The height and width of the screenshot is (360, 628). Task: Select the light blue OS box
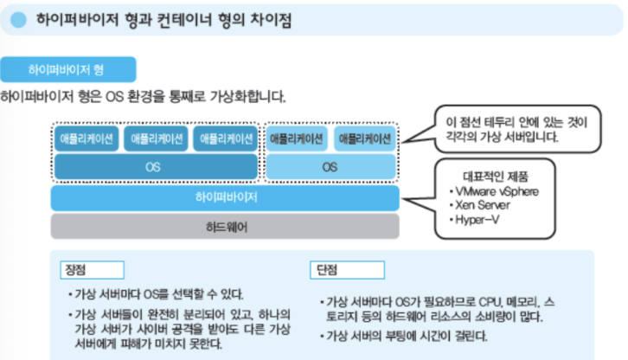330,168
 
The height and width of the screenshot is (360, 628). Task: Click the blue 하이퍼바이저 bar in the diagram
225,198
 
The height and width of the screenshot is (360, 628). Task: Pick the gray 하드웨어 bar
225,227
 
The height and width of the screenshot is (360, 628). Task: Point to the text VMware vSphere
500,190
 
